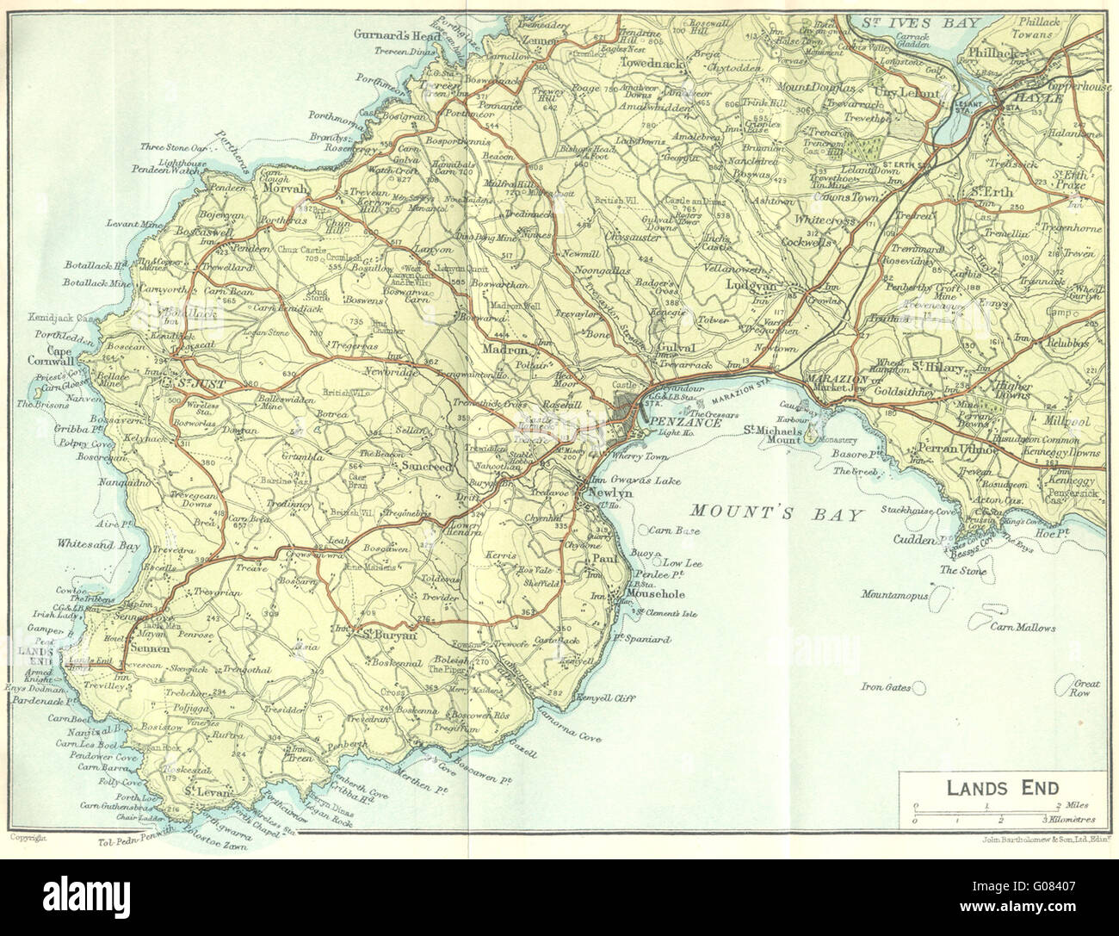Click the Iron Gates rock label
[x=885, y=686]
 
